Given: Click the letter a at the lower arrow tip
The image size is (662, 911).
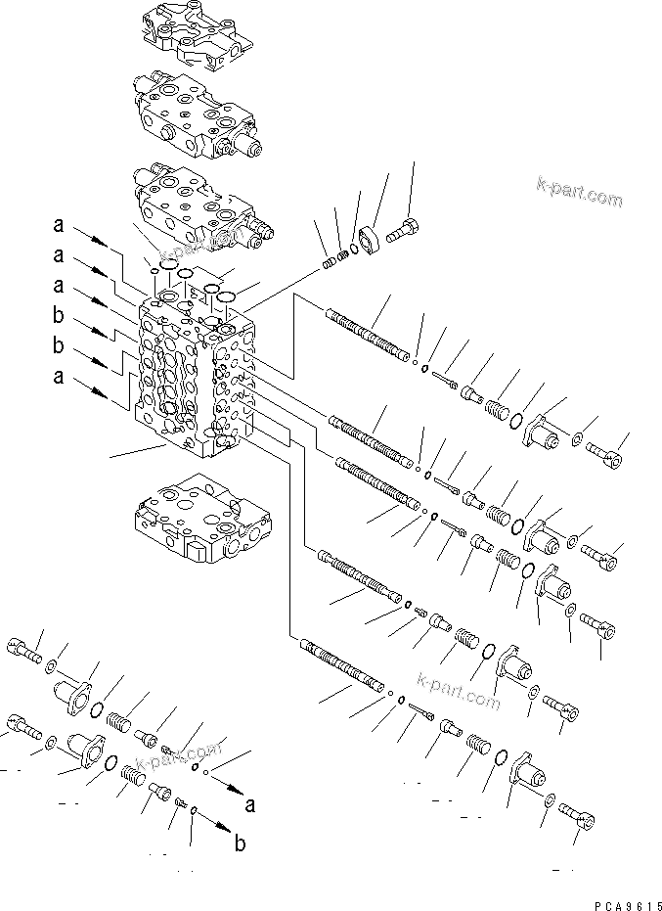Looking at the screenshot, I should [251, 805].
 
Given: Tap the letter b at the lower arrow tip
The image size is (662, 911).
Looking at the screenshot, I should [240, 845].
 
